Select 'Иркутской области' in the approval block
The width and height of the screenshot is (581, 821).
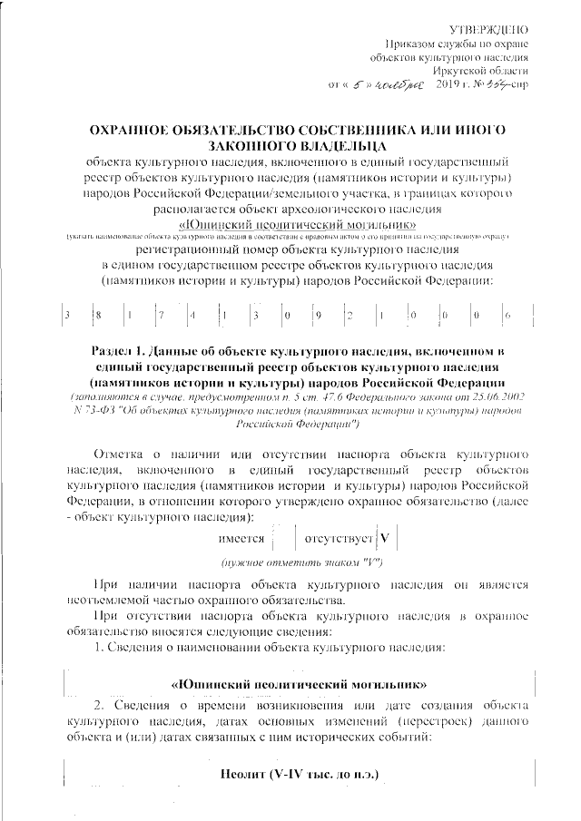click(485, 71)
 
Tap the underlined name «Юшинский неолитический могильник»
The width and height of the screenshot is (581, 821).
click(285, 222)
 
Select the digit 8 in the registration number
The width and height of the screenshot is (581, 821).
click(99, 315)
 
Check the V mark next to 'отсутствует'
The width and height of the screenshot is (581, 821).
click(384, 536)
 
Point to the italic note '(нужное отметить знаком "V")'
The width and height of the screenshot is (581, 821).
click(285, 564)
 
